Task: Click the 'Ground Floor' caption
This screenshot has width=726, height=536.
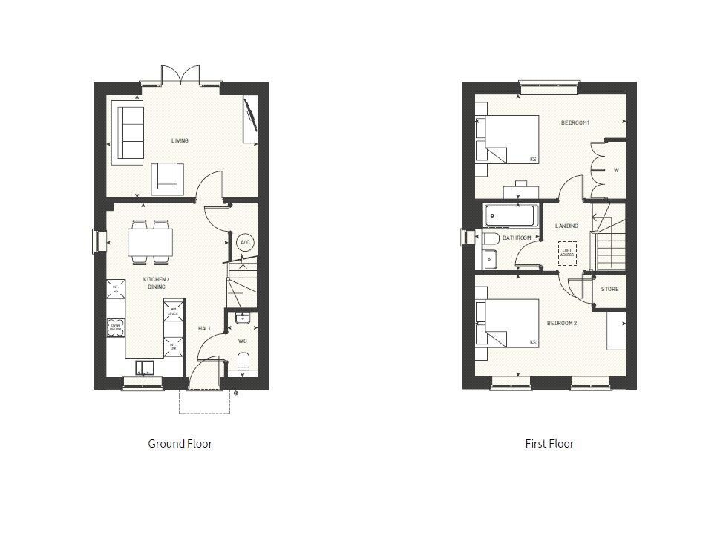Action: tap(180, 444)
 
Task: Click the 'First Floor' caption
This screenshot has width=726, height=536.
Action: tap(549, 444)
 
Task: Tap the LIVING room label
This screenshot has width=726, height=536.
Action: tap(180, 140)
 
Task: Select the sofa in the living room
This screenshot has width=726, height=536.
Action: tap(128, 134)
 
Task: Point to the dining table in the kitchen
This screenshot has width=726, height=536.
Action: tap(151, 241)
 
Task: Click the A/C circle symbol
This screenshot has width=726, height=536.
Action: tap(244, 242)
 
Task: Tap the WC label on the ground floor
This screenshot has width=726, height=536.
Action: tap(243, 341)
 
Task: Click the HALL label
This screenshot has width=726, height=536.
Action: tap(205, 327)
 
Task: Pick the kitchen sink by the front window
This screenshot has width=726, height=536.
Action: tap(144, 366)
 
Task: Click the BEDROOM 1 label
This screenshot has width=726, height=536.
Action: tap(575, 122)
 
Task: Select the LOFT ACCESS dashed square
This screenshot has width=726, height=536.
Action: tap(568, 252)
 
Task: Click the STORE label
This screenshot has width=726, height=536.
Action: tap(609, 289)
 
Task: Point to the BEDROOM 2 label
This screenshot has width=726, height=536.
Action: tap(562, 323)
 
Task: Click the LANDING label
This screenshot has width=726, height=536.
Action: tap(566, 226)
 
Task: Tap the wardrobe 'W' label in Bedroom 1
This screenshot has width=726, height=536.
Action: tap(615, 170)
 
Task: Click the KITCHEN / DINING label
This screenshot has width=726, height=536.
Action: tap(157, 283)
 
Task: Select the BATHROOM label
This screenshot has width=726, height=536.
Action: tap(517, 238)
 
